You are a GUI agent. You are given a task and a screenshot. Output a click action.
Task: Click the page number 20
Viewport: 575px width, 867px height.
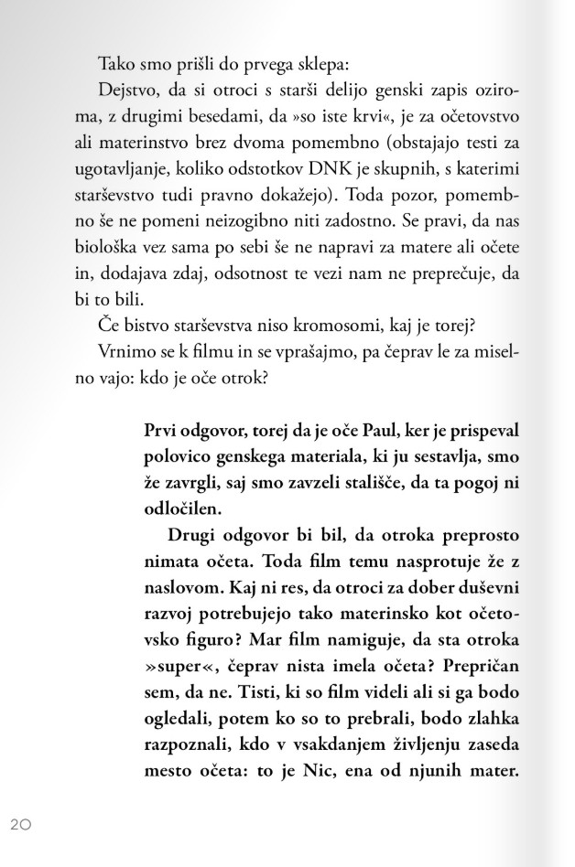pyautogui.click(x=21, y=824)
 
